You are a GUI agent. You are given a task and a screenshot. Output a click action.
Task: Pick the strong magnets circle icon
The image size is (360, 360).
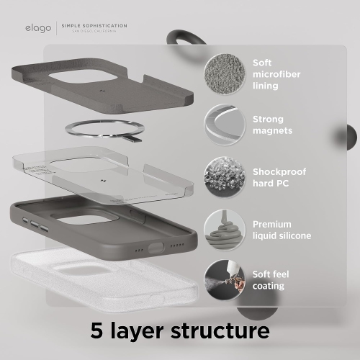[x=223, y=124]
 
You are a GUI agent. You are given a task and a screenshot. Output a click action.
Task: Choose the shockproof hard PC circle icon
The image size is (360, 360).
[x=223, y=175]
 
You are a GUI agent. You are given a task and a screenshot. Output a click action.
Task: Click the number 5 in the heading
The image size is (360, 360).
[x=98, y=331]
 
